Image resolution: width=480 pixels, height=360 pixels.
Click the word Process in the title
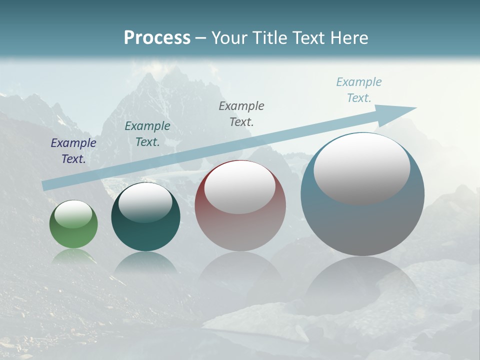coord(157,38)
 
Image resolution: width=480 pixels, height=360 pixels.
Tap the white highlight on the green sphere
coord(73,214)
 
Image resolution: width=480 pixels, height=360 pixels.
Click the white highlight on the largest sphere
coord(361,168)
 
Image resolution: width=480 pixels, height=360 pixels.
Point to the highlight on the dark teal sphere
coord(145,203)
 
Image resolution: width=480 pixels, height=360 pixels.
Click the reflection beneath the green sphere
coord(73,256)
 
